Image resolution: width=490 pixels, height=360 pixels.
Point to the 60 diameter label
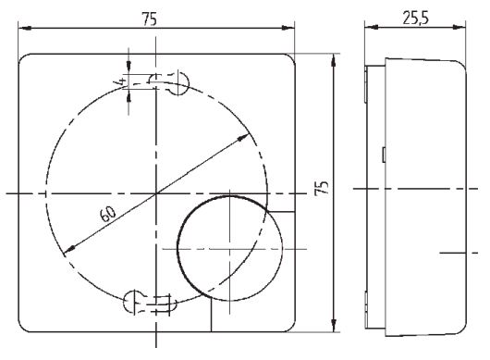click(107, 215)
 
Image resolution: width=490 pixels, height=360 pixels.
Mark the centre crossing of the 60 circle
click(157, 192)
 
